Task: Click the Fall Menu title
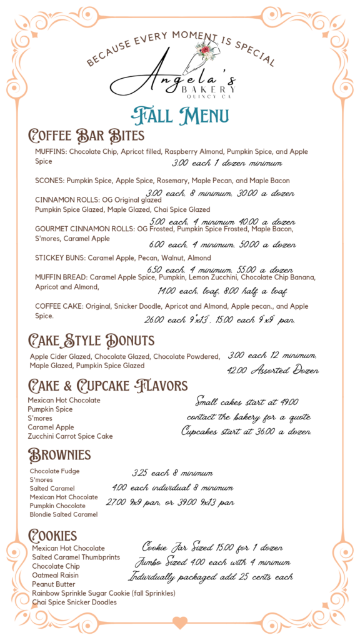180,116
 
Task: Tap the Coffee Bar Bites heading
86,136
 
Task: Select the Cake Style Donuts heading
91,340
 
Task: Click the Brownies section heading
59,454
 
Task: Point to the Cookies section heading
52,535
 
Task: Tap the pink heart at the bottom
180,622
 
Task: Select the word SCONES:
49,181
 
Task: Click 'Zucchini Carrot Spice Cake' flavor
70,436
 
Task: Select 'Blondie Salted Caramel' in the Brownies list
64,514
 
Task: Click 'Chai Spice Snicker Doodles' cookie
74,602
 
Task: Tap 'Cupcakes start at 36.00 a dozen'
247,432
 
